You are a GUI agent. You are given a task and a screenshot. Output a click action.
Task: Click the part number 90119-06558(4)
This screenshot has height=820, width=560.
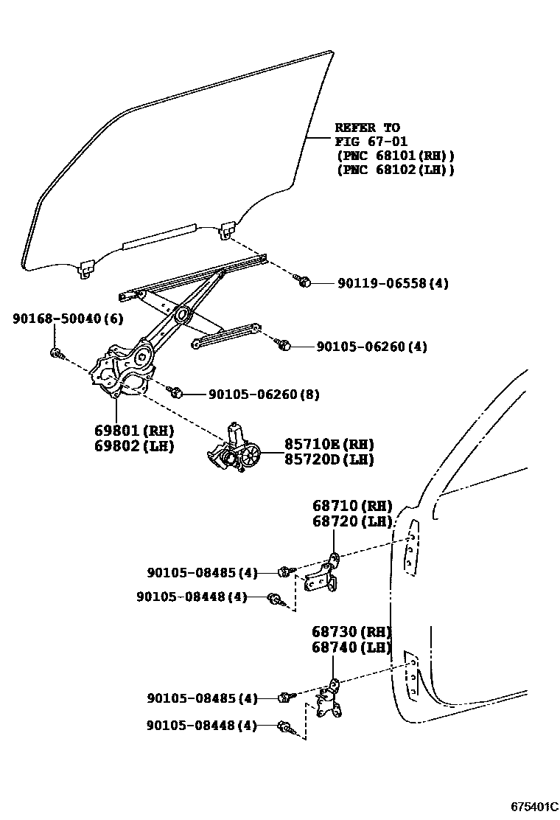tap(393, 283)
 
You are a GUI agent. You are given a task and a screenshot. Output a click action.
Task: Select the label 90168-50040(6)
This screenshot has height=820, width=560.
tap(67, 319)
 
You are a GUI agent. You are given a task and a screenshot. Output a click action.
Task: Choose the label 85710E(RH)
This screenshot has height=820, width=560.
tap(329, 444)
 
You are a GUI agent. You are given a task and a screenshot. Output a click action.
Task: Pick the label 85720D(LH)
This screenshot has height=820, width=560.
tap(329, 459)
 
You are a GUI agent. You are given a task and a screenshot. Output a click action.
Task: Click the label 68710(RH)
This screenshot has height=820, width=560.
tap(351, 506)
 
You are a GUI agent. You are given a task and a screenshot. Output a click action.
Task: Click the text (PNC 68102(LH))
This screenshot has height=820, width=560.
tap(394, 170)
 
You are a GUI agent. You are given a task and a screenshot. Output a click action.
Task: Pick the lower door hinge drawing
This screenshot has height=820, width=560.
tap(328, 701)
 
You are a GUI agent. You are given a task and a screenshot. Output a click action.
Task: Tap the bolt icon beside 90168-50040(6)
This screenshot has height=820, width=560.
tap(56, 352)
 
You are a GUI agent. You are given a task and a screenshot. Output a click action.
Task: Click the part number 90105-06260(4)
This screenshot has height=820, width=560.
tap(371, 346)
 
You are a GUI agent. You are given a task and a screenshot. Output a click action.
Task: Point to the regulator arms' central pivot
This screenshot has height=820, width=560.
tap(181, 316)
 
